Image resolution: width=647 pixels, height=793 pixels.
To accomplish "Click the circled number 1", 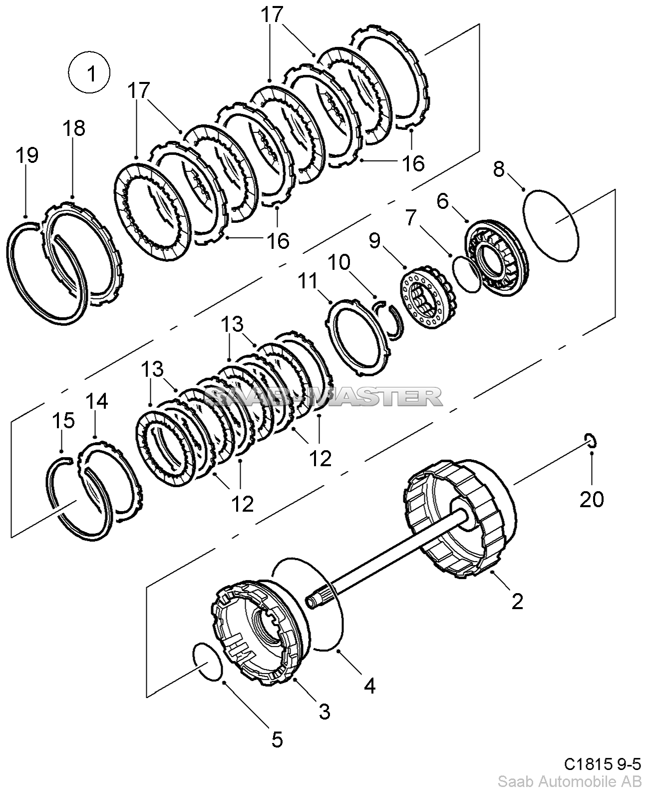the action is click(x=89, y=73).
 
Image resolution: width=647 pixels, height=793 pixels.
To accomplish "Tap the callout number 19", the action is click(x=27, y=155).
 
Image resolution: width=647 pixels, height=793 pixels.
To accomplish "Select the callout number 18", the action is click(x=74, y=128).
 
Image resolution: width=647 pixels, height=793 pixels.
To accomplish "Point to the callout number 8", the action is click(x=499, y=169).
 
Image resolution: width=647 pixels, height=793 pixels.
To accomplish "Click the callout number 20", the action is click(x=592, y=499).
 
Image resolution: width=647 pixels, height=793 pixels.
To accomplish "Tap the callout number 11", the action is click(x=308, y=281).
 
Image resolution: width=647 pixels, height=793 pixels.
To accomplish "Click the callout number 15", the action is click(x=63, y=420).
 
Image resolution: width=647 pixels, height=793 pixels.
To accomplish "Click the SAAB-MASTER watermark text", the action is click(x=323, y=397).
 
